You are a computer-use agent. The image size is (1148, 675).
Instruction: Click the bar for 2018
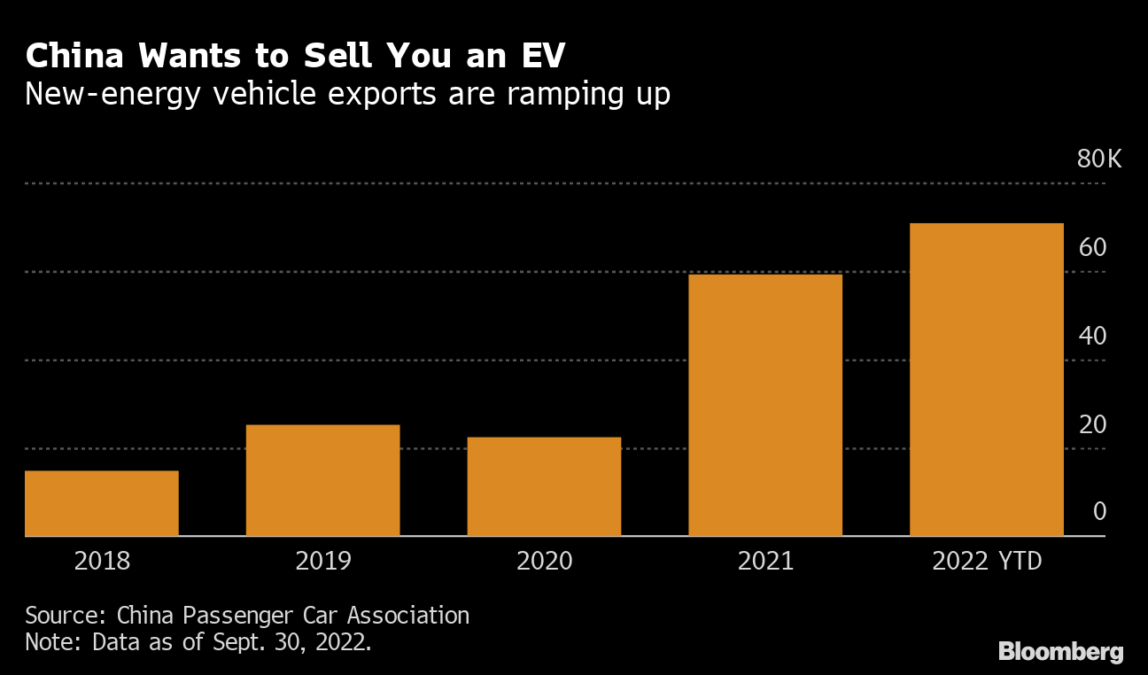102,503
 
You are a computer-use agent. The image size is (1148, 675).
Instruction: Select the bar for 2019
322,480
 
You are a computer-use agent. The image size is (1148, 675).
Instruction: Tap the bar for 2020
544,486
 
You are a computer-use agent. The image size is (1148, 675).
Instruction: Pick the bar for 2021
765,405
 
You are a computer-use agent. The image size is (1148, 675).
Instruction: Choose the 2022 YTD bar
987,379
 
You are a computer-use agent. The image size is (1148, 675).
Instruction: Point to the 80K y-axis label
1099,159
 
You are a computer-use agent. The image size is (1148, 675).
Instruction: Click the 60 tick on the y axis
1093,247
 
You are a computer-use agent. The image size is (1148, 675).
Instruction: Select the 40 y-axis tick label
1093,336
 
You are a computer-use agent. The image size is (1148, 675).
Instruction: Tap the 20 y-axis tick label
1093,424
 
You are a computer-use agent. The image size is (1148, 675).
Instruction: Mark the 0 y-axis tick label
1099,511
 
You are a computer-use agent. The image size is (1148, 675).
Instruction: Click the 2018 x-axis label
102,561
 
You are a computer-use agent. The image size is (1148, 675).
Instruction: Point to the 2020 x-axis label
544,561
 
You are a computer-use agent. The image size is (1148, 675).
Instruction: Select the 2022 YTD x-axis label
987,561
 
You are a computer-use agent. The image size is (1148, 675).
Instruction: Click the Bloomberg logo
1061,652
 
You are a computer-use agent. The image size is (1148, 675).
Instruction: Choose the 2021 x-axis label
765,561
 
